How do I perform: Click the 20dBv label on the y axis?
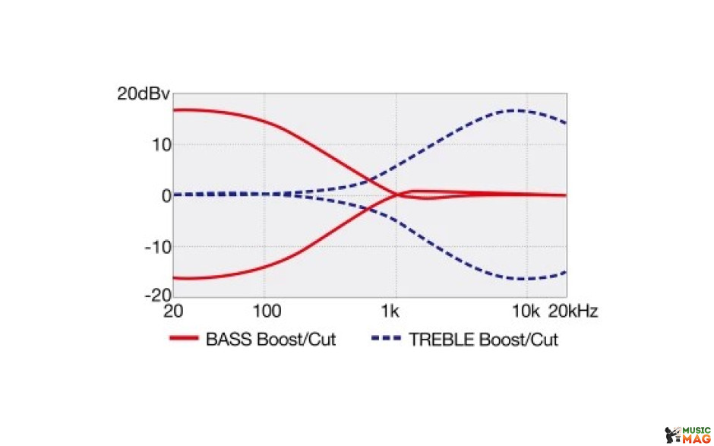(x=144, y=94)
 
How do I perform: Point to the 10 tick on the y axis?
(x=161, y=145)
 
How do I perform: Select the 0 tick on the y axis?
(x=166, y=196)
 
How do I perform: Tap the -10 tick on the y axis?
(x=158, y=248)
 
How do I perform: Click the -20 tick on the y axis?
(x=158, y=296)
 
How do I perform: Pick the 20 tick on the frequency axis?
(x=173, y=312)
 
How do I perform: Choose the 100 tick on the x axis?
(x=267, y=312)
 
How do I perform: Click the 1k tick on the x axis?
(x=390, y=312)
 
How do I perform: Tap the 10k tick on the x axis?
(x=526, y=312)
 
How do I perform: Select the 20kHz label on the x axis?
(x=573, y=312)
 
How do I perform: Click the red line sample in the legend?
(x=184, y=338)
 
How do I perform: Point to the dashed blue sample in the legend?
(x=386, y=338)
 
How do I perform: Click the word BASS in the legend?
(x=229, y=340)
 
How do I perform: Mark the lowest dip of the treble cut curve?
(x=523, y=279)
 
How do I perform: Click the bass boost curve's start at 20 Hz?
(x=174, y=110)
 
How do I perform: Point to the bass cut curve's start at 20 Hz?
(x=174, y=278)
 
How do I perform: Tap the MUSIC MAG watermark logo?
(x=687, y=435)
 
